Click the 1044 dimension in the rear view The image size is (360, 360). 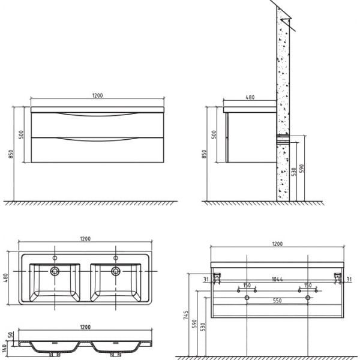click(277, 278)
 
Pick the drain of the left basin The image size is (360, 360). click(55, 271)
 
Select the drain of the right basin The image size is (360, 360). click(115, 271)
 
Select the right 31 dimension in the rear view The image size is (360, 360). click(349, 278)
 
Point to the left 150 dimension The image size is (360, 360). click(247, 286)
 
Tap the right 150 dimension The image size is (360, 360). click(308, 286)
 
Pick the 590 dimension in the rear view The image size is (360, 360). click(197, 323)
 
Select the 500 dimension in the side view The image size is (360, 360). click(214, 134)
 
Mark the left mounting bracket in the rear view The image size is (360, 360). click(218, 278)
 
